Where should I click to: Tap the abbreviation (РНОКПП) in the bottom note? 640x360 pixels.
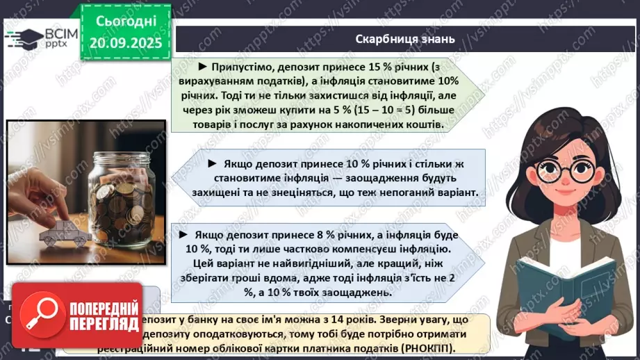click(x=427, y=347)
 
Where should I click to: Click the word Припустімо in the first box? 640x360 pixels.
click(x=241, y=67)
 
